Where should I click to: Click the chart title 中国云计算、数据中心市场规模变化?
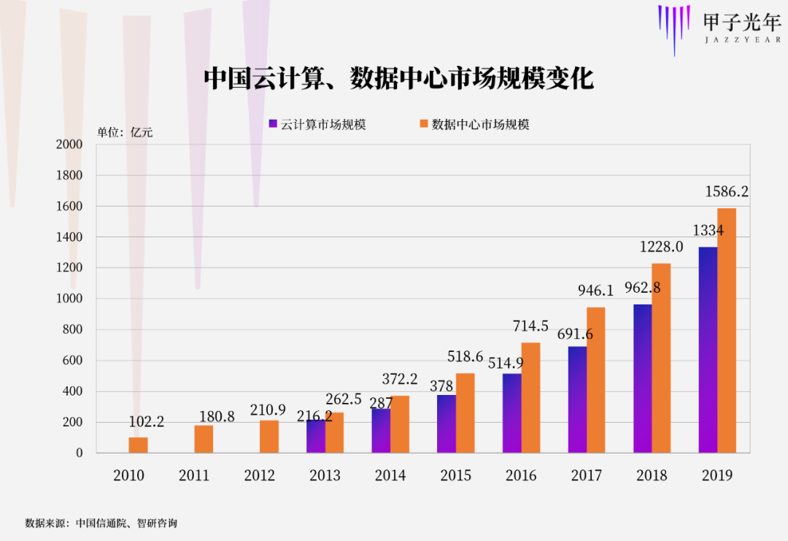pyautogui.click(x=398, y=78)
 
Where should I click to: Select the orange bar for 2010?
pyautogui.click(x=138, y=445)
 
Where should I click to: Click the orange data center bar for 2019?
pyautogui.click(x=727, y=330)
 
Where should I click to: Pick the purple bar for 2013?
pyautogui.click(x=316, y=437)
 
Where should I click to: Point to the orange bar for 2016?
pyautogui.click(x=530, y=398)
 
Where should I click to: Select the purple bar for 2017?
pyautogui.click(x=577, y=399)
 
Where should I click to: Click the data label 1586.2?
pyautogui.click(x=727, y=192)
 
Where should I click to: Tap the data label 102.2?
pyautogui.click(x=147, y=422)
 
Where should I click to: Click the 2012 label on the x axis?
pyautogui.click(x=260, y=475)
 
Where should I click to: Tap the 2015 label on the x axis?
pyautogui.click(x=456, y=475)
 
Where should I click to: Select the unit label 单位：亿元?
pyautogui.click(x=125, y=132)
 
